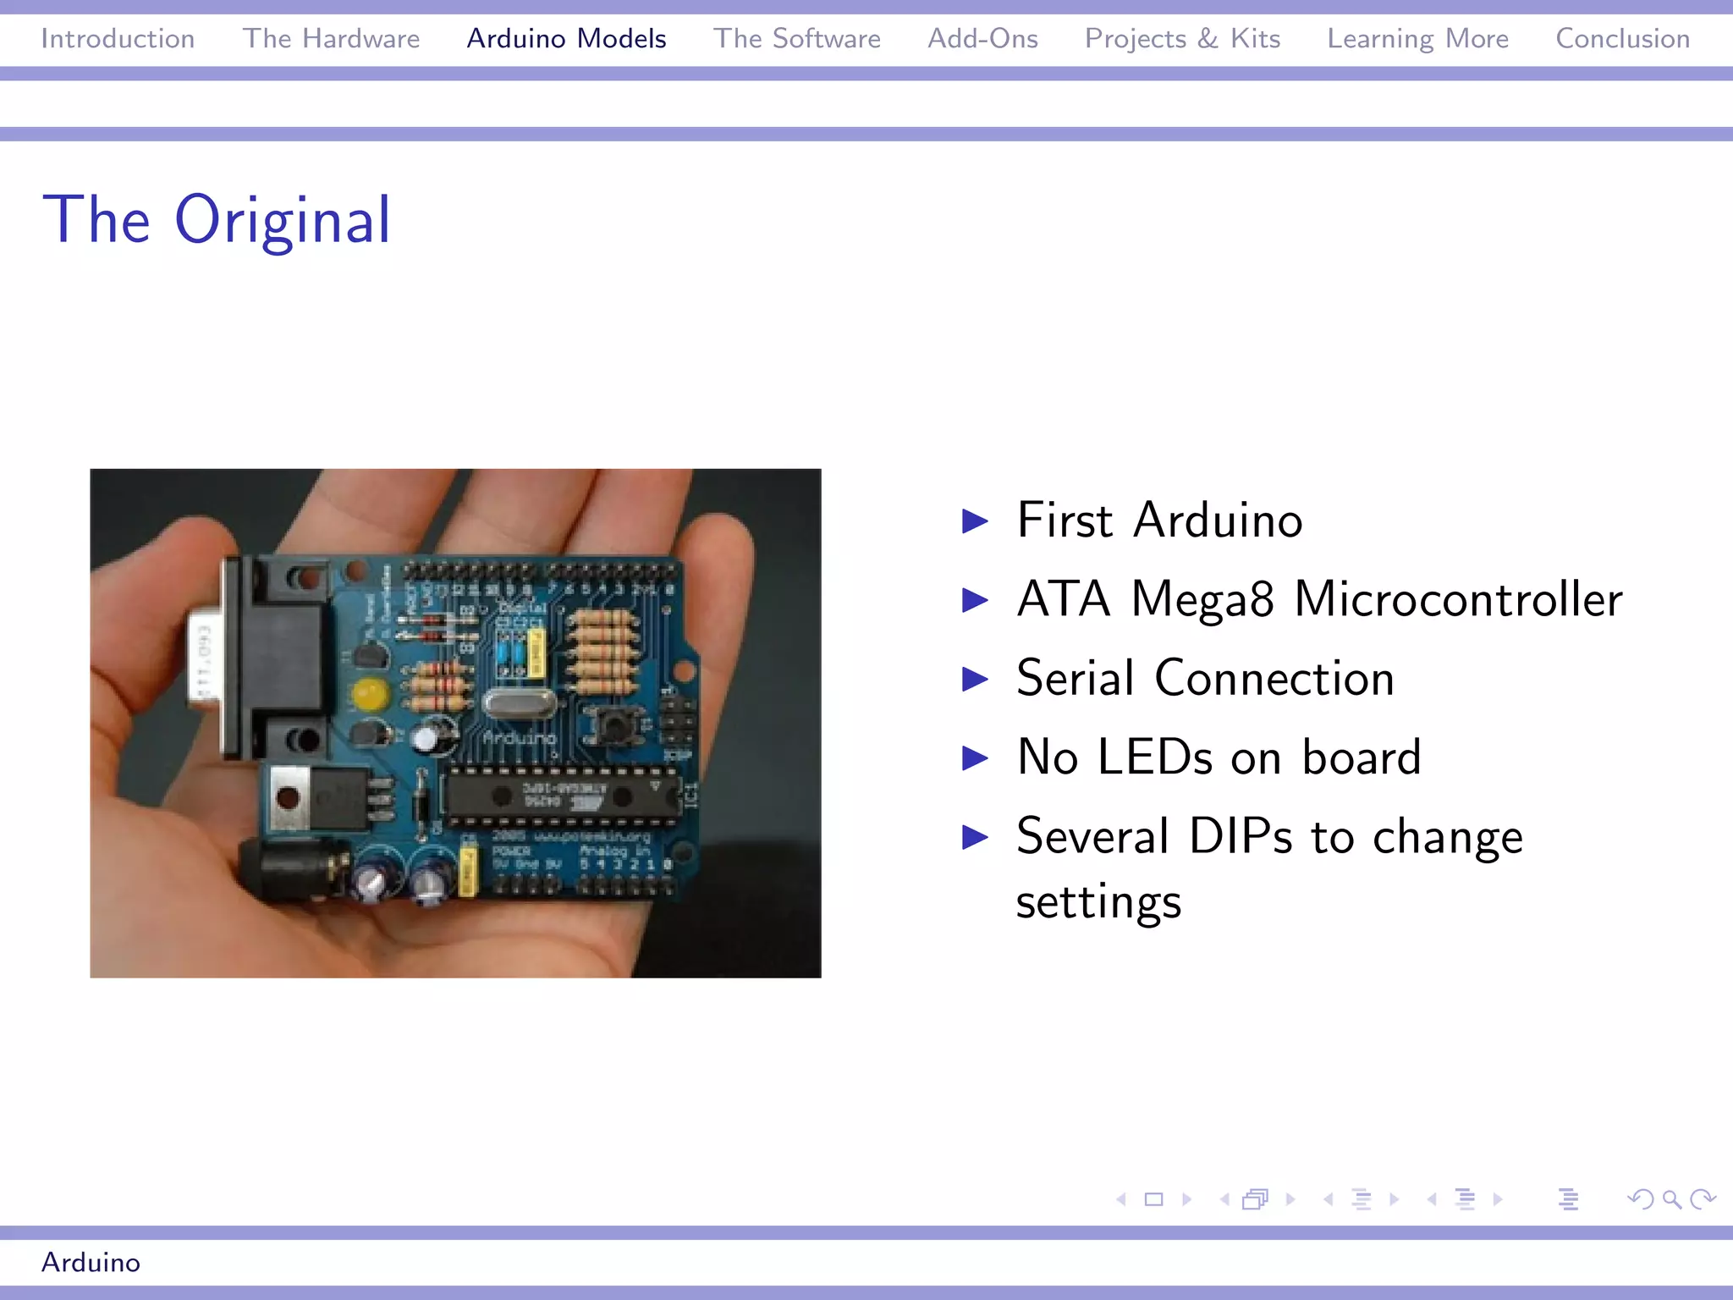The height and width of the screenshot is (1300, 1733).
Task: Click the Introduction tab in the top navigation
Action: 118,39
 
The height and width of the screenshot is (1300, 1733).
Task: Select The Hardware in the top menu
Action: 331,39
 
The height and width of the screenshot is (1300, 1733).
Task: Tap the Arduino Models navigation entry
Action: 566,39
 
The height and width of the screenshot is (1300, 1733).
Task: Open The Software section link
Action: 796,39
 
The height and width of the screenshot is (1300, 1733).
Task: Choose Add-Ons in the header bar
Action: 982,39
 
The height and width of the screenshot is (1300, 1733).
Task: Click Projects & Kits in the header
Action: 1182,39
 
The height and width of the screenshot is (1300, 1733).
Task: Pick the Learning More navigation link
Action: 1417,39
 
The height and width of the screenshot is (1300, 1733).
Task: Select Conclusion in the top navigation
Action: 1622,39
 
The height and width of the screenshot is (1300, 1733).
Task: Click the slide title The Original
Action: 217,220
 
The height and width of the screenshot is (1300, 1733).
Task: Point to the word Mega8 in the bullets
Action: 1202,600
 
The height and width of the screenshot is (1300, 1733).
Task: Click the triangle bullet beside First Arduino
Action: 975,521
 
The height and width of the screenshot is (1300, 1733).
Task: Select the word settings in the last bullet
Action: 1098,902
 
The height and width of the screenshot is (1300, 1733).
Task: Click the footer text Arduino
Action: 91,1262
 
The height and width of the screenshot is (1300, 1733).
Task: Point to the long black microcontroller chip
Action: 563,796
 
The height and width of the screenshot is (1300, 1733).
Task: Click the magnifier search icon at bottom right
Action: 1671,1199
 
